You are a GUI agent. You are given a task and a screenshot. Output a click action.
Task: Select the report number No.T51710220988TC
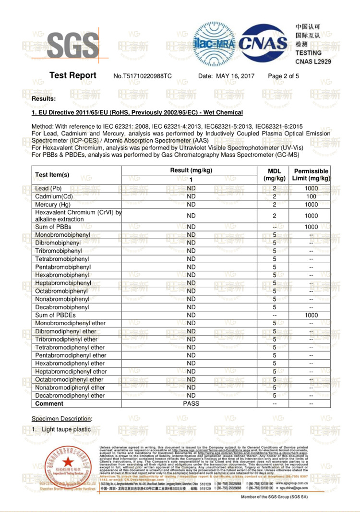tap(143, 76)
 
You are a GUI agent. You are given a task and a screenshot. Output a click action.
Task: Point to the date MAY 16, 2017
tap(235, 76)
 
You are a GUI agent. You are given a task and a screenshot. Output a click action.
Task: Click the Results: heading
tap(44, 98)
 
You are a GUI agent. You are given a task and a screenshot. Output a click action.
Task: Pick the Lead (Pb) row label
tap(48, 189)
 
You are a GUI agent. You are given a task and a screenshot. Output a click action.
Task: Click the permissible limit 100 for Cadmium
tap(311, 196)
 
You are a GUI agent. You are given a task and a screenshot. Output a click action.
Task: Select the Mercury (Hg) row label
tap(53, 205)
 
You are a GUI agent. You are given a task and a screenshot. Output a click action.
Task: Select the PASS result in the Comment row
tap(191, 403)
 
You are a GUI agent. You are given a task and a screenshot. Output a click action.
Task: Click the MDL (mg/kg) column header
tap(275, 175)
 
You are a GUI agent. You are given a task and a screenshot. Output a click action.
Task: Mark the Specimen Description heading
tap(61, 419)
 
